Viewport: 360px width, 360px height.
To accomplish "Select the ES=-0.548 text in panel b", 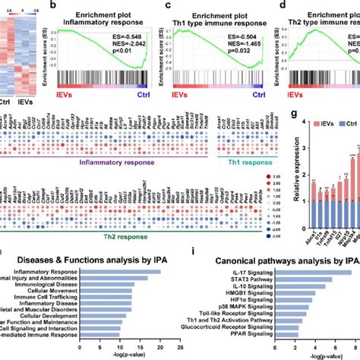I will (x=132, y=34).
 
